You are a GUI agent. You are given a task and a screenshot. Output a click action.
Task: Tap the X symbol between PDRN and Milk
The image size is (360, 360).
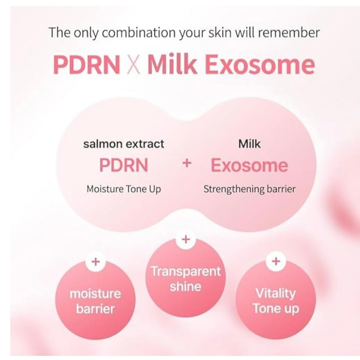[x=133, y=65]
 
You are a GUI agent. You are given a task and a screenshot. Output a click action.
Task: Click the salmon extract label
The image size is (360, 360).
[x=123, y=144]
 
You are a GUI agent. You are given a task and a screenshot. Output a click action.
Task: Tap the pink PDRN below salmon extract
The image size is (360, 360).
[x=123, y=165]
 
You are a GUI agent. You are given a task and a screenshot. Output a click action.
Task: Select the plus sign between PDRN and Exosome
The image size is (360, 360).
[x=187, y=163]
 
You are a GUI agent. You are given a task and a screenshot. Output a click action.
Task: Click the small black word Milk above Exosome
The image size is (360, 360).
[x=249, y=144]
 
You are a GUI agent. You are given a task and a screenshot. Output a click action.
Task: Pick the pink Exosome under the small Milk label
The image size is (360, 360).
[x=249, y=165]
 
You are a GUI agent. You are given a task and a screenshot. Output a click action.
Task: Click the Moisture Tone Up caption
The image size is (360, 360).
[x=123, y=189]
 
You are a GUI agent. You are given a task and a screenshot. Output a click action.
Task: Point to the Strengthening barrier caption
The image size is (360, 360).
[x=249, y=189]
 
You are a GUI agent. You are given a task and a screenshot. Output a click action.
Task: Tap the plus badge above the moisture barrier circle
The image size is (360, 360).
[x=96, y=262]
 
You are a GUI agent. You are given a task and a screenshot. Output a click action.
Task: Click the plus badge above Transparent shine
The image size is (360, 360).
[x=186, y=239]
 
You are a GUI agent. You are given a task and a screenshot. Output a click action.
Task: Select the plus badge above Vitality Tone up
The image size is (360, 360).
[x=276, y=261]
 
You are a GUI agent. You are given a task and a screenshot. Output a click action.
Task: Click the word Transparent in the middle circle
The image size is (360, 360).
[x=186, y=271]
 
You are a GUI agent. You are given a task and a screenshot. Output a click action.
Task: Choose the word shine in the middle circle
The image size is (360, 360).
[x=186, y=287]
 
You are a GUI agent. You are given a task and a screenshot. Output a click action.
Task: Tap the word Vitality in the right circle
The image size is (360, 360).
[x=276, y=294]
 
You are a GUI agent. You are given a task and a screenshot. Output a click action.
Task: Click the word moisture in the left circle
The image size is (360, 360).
[x=95, y=294]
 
